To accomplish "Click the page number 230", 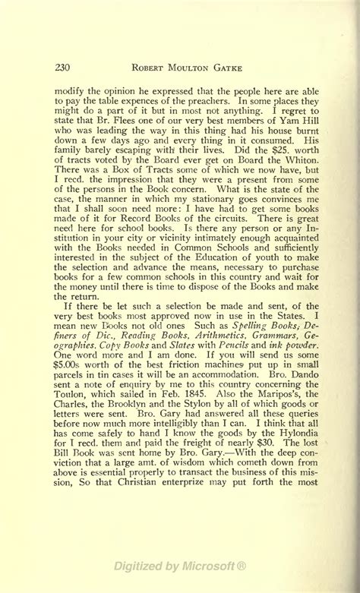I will [63, 68].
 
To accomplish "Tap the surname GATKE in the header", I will [224, 68].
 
